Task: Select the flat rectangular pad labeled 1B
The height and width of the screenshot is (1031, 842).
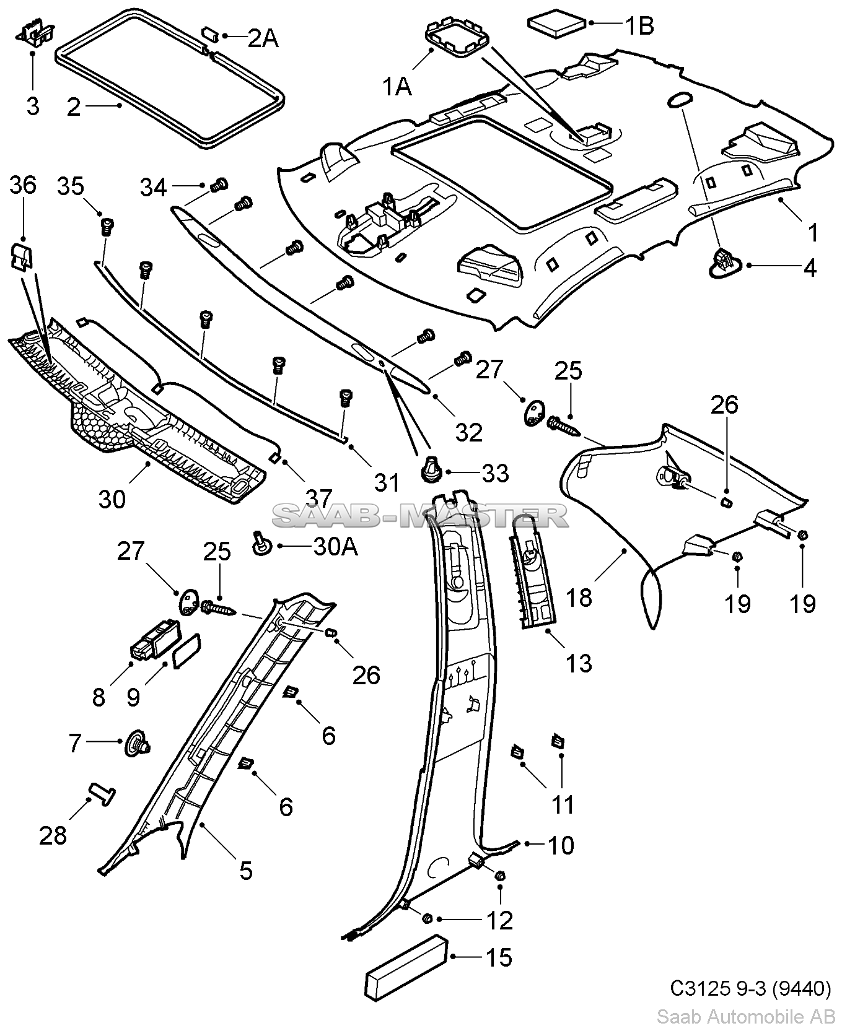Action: coord(556,26)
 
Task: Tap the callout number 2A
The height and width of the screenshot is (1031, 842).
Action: coord(263,38)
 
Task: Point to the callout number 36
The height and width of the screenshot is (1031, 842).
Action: coord(24,186)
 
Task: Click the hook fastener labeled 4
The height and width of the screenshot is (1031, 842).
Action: coord(723,261)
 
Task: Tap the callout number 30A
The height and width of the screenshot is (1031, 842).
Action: coord(335,547)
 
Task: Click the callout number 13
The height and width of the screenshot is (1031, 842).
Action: coord(579,663)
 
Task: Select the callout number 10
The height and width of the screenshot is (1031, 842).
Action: coord(561,845)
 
